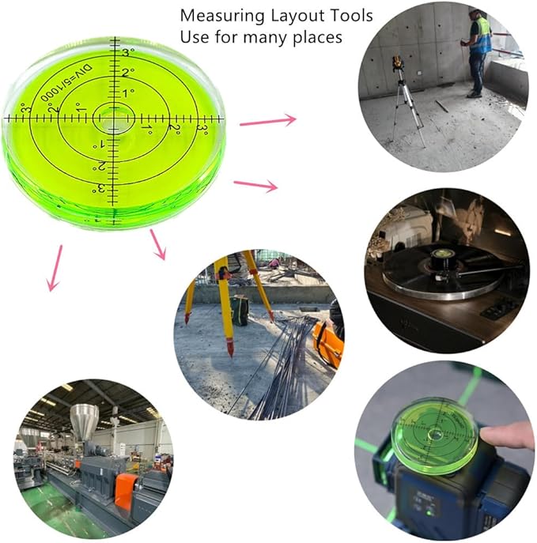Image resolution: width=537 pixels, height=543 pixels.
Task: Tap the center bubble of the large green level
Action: click(112, 119)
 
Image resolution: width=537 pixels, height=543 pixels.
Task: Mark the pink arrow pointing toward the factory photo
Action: click(55, 268)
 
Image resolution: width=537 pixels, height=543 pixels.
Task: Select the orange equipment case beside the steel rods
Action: click(327, 343)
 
